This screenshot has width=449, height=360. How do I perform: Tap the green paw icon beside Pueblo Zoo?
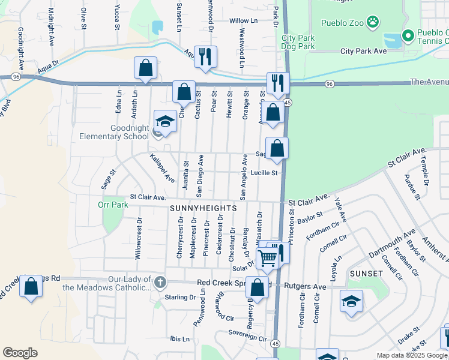[373, 22]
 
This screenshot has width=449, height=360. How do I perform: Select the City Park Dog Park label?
[298, 42]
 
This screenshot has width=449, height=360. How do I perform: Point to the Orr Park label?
[113, 205]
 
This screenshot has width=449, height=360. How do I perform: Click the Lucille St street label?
[263, 173]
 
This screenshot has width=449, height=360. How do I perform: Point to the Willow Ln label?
[243, 21]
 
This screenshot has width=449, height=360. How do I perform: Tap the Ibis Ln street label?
[179, 339]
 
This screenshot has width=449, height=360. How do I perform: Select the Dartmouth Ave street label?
[392, 245]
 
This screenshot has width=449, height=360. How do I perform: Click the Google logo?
[20, 353]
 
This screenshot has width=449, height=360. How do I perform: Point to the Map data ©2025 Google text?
[411, 355]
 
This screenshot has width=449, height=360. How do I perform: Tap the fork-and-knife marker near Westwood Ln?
[205, 56]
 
